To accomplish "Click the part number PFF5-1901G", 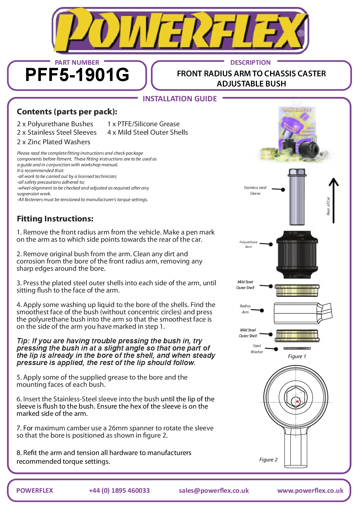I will (77, 75).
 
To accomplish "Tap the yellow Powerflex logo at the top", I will (180, 30).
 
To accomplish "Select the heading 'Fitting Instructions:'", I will (55, 219).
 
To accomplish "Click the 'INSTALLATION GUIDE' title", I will (180, 99).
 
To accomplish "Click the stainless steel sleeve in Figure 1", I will (297, 197).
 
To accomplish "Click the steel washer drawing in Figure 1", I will (297, 348).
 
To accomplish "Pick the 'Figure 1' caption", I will (297, 356).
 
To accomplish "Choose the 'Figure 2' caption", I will (268, 460).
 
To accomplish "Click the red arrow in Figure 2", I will (297, 401).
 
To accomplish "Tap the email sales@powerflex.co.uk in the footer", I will (214, 491).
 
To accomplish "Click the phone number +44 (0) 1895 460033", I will (119, 491).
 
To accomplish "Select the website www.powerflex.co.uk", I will (310, 491).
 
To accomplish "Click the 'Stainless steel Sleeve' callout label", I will (255, 191).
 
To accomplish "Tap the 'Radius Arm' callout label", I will (245, 309).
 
